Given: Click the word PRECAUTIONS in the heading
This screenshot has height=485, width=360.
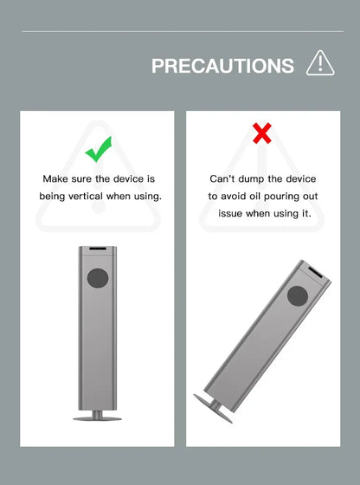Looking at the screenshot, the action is tap(222, 66).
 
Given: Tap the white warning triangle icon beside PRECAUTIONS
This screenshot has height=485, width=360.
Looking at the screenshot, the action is tap(320, 63).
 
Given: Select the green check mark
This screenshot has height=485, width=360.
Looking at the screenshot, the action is tap(99, 149).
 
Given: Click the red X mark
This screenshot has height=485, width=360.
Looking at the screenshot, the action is tap(262, 133).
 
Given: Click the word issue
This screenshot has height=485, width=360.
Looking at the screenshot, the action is tap(230, 213).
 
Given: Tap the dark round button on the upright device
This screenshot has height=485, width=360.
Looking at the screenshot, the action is tap(98, 278).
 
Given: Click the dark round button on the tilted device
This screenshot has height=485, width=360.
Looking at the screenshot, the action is tap(298, 296).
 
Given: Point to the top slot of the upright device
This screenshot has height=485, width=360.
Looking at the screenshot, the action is tap(98, 249).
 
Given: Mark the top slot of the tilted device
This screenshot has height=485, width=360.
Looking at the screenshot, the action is tap(315, 273).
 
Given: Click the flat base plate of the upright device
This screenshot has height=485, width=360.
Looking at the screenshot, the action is tap(97, 419).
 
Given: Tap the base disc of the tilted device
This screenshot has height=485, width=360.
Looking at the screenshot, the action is tap(213, 408).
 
